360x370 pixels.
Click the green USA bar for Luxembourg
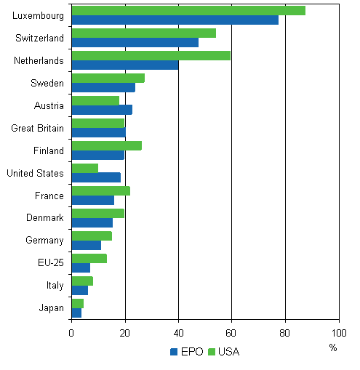click(x=188, y=11)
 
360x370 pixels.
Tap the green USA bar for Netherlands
click(x=151, y=56)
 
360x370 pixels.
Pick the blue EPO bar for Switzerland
click(x=135, y=42)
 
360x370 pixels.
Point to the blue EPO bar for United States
click(x=96, y=177)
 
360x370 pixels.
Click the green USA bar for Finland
click(x=106, y=145)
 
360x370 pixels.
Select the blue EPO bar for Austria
click(x=102, y=110)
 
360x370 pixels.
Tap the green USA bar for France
click(x=100, y=190)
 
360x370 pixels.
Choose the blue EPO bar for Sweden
click(x=103, y=87)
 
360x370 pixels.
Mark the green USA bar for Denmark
click(x=97, y=213)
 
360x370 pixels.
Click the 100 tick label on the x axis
click(x=338, y=333)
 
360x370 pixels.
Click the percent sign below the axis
click(x=332, y=347)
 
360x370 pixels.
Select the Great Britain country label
click(x=37, y=128)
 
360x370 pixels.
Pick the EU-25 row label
click(x=49, y=263)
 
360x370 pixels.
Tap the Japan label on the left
click(x=51, y=308)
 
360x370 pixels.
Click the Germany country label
click(x=45, y=241)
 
